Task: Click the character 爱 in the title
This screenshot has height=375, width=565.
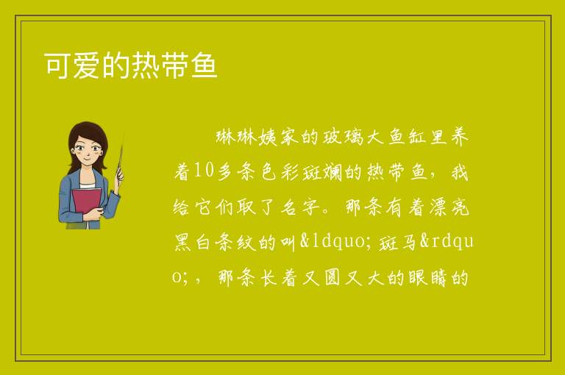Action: pos(87,65)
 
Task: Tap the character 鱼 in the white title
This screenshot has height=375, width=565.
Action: pos(204,65)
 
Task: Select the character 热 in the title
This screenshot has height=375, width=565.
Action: pos(145,65)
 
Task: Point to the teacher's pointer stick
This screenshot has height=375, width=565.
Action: pos(120,161)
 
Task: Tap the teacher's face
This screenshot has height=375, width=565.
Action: pos(87,151)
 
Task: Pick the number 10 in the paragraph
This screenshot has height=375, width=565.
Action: pos(204,171)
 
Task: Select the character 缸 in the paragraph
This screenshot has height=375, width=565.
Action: pos(417,137)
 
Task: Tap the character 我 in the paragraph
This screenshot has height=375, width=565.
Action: pos(459,172)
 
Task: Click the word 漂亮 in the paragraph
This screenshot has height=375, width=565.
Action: pos(449,207)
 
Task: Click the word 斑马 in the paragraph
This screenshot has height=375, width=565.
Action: pos(397,242)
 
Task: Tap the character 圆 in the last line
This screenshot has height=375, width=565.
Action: pos(333,278)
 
